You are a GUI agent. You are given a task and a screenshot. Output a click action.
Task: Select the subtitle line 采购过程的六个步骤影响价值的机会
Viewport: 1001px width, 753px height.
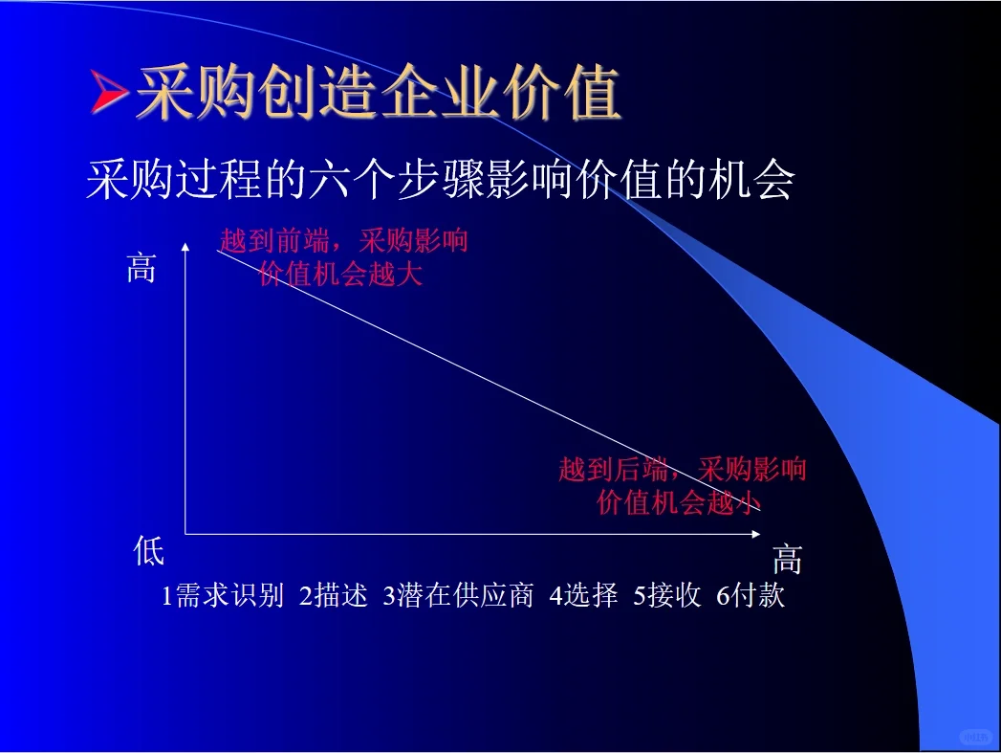click(440, 179)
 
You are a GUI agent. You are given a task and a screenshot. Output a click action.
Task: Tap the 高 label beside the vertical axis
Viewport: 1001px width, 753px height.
click(141, 269)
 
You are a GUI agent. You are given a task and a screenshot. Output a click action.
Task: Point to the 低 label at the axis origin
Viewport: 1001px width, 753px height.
click(149, 552)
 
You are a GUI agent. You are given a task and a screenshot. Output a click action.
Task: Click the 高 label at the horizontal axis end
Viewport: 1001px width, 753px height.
click(787, 559)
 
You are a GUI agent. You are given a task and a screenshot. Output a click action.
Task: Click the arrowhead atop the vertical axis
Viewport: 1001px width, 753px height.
click(186, 247)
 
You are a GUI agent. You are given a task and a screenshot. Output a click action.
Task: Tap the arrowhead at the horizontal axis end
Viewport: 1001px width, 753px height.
click(762, 534)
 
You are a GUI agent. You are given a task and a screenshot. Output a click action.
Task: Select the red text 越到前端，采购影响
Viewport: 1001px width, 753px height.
click(343, 240)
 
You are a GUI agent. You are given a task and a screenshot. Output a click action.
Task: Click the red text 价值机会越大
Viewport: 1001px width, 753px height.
click(340, 276)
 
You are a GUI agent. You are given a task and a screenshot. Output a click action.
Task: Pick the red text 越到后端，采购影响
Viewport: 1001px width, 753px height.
click(683, 469)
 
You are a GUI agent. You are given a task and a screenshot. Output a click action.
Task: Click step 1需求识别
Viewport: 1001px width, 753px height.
click(223, 596)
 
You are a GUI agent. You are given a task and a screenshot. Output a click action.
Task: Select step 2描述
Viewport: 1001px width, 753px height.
click(333, 596)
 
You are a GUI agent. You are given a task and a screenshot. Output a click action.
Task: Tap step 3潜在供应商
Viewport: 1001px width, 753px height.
click(457, 596)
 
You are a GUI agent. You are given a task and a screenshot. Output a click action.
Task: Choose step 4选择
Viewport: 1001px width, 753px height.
click(583, 596)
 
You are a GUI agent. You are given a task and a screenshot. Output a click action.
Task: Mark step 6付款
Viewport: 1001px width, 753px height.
click(751, 596)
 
